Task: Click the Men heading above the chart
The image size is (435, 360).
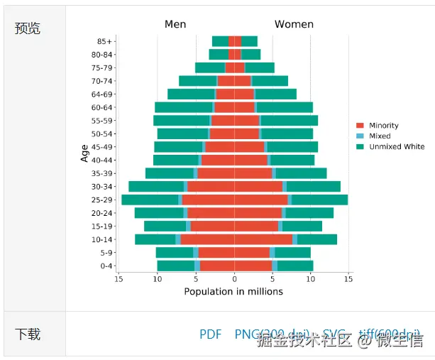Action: (x=175, y=24)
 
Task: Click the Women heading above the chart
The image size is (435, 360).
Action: (x=294, y=24)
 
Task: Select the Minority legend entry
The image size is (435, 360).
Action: (x=383, y=126)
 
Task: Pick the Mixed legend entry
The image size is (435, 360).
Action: (x=379, y=136)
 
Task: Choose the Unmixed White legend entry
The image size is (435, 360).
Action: (x=396, y=147)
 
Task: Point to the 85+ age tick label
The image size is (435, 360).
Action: (x=104, y=41)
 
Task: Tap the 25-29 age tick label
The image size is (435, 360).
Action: (x=102, y=200)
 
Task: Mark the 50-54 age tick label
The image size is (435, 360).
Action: (x=102, y=133)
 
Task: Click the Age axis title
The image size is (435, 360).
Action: (x=84, y=153)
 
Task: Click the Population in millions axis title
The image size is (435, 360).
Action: (x=233, y=291)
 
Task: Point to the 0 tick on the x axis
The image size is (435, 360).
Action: (x=234, y=279)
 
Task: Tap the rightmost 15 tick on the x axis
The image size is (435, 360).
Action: (x=348, y=279)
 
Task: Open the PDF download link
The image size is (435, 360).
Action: (x=211, y=334)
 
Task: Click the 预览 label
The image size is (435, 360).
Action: (x=28, y=28)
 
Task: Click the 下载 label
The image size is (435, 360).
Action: (x=28, y=334)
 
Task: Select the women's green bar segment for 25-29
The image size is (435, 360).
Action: (x=319, y=200)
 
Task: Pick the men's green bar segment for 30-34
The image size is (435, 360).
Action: (x=156, y=186)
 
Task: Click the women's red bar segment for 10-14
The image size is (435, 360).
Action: (x=263, y=239)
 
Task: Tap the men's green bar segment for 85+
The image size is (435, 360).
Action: (x=220, y=41)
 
